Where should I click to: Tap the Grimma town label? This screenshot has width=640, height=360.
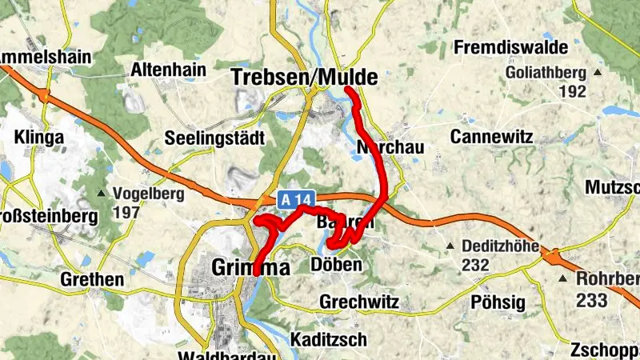tap(250, 267)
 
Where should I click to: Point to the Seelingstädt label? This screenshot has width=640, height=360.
tap(214, 138)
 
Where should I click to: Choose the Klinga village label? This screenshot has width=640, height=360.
tap(38, 138)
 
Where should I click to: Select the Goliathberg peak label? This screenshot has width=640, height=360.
tap(546, 73)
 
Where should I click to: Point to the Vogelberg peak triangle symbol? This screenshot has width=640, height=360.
tap(102, 194)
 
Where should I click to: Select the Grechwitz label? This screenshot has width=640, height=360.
tap(358, 302)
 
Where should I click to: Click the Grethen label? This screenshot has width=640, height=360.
tap(92, 280)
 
